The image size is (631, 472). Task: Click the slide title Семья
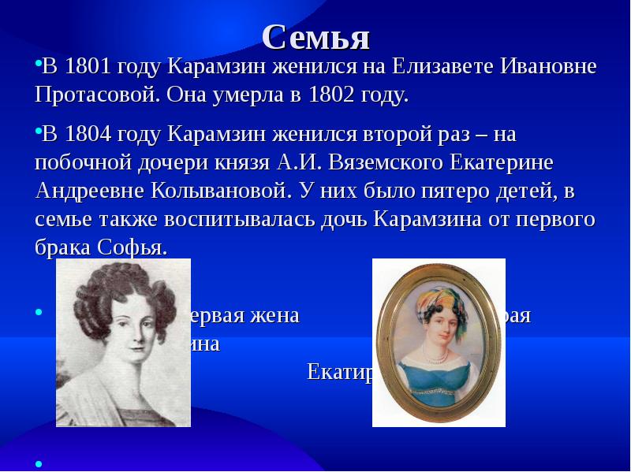point(315,36)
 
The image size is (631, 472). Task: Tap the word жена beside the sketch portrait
point(272,317)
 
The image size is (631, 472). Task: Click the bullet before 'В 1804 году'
point(38,132)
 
